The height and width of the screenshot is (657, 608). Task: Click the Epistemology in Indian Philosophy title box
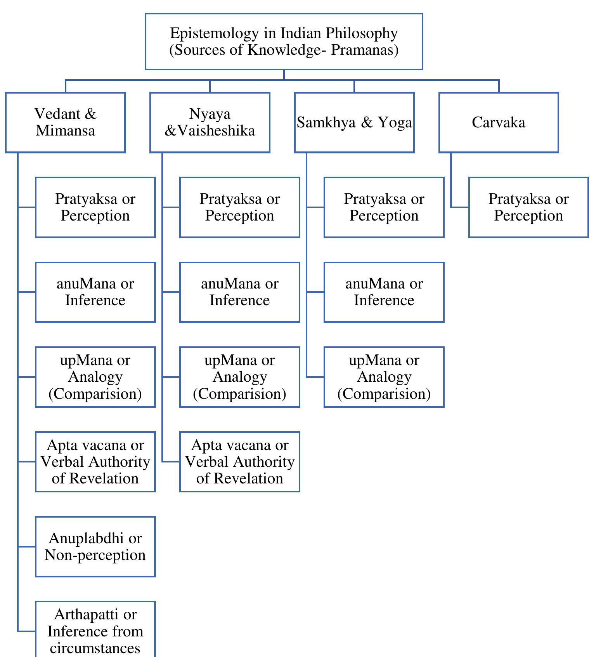point(284,42)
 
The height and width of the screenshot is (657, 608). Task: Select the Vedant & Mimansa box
point(65,122)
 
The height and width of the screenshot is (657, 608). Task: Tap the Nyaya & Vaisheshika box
point(210,122)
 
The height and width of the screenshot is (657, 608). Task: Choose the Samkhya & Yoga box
point(354,122)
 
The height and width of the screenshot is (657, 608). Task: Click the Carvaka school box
point(499,122)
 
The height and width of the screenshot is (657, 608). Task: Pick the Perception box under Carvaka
point(528,207)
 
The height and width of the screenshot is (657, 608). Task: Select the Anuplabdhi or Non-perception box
point(95,546)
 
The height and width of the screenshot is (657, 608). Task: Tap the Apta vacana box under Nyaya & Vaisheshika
point(239,462)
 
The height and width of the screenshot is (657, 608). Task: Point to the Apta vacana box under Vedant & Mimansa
point(95,462)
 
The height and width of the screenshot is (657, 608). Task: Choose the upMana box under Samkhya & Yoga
point(384,377)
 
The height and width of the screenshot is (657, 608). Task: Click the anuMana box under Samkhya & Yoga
point(384,292)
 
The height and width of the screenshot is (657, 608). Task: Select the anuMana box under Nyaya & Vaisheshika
point(239,292)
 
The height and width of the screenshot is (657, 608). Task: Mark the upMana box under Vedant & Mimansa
point(95,377)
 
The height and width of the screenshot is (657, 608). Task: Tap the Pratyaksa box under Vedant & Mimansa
point(95,207)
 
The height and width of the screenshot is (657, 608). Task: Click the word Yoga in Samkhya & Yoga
point(395,123)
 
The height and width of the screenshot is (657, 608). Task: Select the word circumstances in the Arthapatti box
point(95,648)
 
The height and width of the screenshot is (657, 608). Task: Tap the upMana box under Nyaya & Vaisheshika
point(239,377)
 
